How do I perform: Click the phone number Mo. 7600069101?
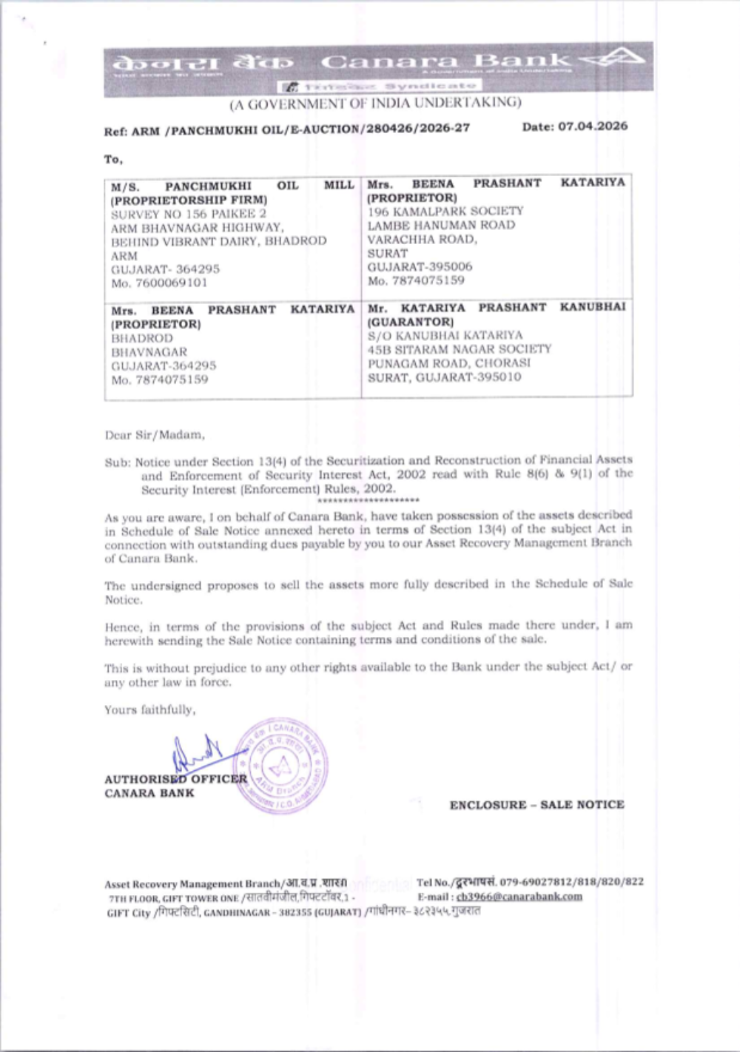tap(159, 283)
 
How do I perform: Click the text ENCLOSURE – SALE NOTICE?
tap(536, 805)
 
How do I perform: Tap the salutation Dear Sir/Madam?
tap(155, 435)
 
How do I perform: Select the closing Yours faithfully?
tap(150, 710)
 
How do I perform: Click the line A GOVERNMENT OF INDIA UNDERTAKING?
tap(375, 103)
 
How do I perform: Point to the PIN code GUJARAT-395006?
tap(420, 266)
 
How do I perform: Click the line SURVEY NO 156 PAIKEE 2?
tap(189, 214)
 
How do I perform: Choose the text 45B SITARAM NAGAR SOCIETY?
tap(460, 349)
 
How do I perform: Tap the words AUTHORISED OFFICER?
tap(175, 779)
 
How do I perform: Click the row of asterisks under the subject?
tap(374, 501)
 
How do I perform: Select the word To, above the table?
tap(113, 159)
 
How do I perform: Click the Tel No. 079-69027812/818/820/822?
tap(530, 882)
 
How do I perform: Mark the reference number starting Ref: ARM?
tap(287, 129)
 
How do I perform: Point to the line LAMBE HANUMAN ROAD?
tap(441, 225)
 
